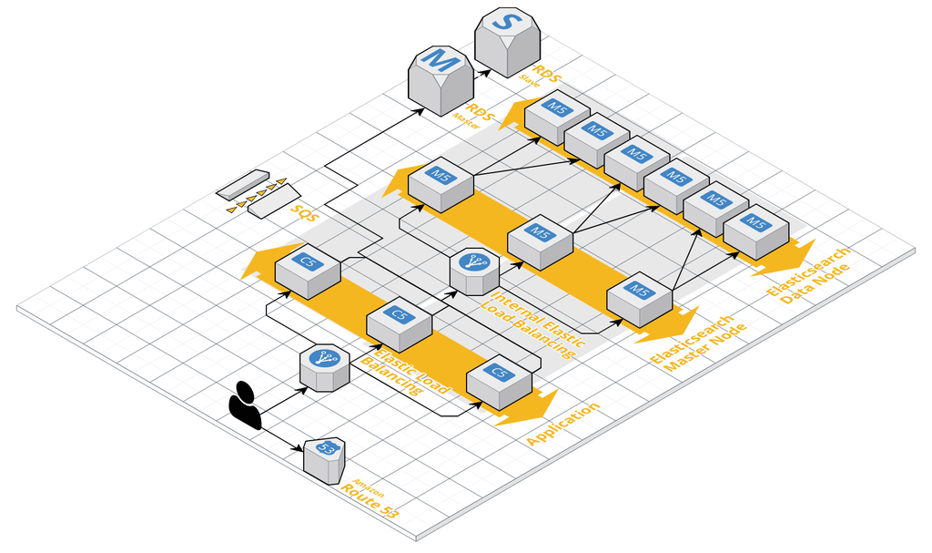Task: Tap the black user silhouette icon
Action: coord(245,404)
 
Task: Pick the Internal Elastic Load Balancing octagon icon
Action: coord(474,270)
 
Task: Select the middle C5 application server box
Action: coord(399,323)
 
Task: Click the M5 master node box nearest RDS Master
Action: coord(441,181)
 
